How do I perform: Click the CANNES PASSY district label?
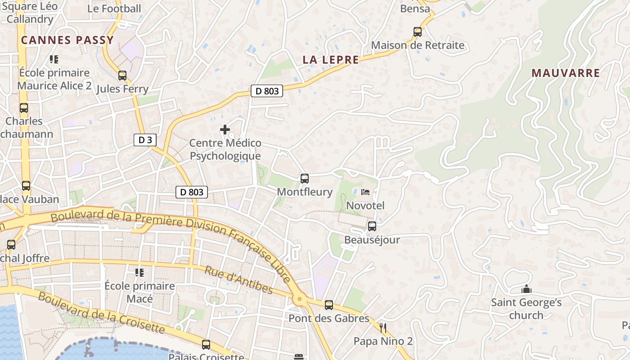pyautogui.click(x=67, y=40)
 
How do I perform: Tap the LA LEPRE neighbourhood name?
pyautogui.click(x=331, y=60)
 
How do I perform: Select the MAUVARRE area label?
pyautogui.click(x=566, y=73)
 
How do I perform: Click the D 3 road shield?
pyautogui.click(x=145, y=140)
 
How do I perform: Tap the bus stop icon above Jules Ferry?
pyautogui.click(x=122, y=76)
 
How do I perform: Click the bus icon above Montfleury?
pyautogui.click(x=305, y=179)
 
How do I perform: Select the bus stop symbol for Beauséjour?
pyautogui.click(x=372, y=226)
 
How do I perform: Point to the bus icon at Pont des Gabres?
pyautogui.click(x=329, y=305)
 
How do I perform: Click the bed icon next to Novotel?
pyautogui.click(x=365, y=192)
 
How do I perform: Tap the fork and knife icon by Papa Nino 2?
pyautogui.click(x=383, y=328)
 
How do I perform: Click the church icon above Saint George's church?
pyautogui.click(x=526, y=289)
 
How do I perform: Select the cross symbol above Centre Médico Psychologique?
pyautogui.click(x=225, y=130)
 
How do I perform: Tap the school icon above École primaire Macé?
pyautogui.click(x=139, y=272)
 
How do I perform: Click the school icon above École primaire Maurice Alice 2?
pyautogui.click(x=54, y=59)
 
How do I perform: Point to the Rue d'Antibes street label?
pyautogui.click(x=238, y=279)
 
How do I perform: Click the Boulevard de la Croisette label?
pyautogui.click(x=101, y=313)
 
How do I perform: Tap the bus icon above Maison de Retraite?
pyautogui.click(x=418, y=32)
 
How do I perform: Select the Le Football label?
pyautogui.click(x=114, y=9)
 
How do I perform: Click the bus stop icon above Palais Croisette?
pyautogui.click(x=206, y=345)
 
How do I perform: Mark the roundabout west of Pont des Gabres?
pyautogui.click(x=299, y=299)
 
